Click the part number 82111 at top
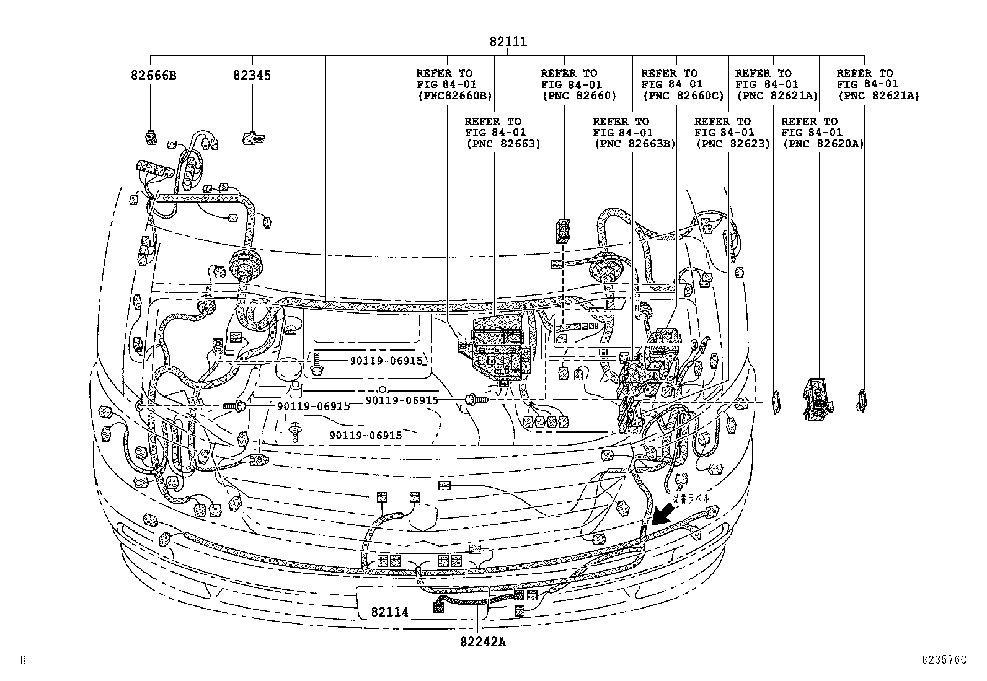[508, 42]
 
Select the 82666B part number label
[153, 76]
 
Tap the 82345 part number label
[252, 76]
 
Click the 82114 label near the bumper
[390, 612]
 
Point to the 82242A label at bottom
[483, 642]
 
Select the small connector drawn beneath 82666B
[151, 137]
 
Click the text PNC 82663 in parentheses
[503, 144]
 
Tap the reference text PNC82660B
[454, 95]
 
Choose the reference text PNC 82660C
[683, 95]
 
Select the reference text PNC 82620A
[823, 144]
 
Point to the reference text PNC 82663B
[634, 144]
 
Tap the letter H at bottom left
[24, 660]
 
